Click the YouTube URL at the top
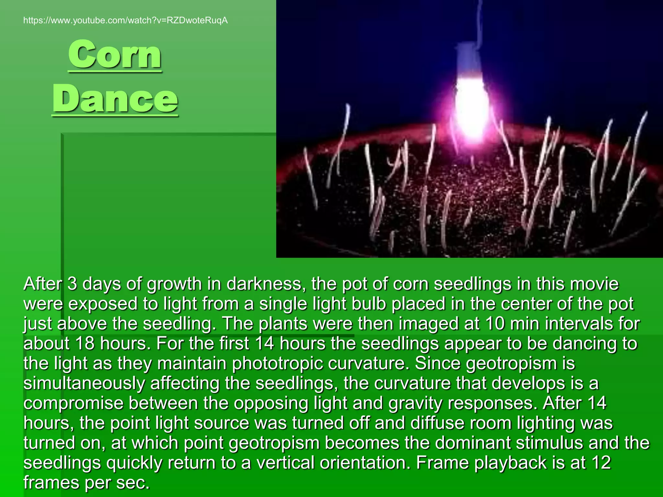tap(125, 21)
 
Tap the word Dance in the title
tap(115, 98)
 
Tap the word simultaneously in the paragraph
tap(84, 384)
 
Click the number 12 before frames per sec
tap(601, 463)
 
